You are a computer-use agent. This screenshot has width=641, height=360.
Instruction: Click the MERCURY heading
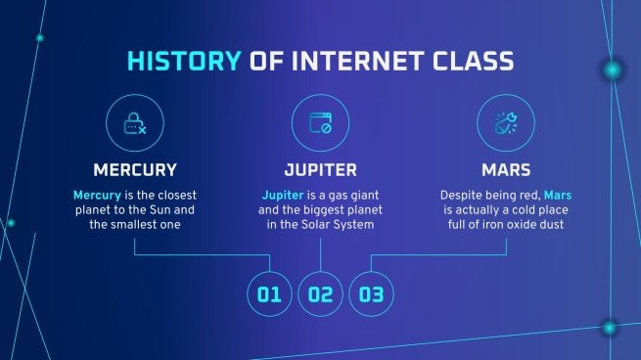coord(134,168)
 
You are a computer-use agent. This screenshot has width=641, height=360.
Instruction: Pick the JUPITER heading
coord(320,168)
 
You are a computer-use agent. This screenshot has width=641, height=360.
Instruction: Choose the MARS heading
coord(506,168)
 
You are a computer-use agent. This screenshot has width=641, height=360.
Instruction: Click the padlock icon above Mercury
coord(134,123)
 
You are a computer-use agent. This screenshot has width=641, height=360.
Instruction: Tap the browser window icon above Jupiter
coord(320,123)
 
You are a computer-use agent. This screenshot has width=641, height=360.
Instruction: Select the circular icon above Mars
coord(506,123)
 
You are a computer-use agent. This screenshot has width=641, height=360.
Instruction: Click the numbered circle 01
coord(269,293)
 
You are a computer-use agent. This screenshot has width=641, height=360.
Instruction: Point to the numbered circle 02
coord(320,293)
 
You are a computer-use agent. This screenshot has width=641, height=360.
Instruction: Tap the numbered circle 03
coord(371,293)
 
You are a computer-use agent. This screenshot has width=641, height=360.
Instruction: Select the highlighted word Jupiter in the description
coord(282,195)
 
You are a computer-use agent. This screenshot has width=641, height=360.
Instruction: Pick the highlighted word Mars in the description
coord(561,195)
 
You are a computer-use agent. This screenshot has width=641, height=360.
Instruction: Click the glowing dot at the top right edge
coord(613,69)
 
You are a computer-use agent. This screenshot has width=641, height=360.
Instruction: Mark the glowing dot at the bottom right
coord(609,328)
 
